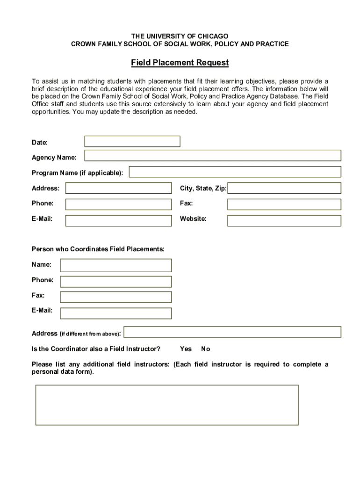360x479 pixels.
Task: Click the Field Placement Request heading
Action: tap(180, 63)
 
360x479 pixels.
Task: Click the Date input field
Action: tap(132, 141)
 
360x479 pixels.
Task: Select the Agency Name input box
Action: tap(212, 156)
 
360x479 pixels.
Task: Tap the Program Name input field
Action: tap(235, 172)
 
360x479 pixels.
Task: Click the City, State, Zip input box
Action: tap(284, 188)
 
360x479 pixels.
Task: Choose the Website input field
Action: tap(284, 220)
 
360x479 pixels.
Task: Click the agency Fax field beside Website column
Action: tap(284, 204)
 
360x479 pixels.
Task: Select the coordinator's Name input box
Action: tap(116, 265)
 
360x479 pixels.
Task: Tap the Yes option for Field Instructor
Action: tap(186, 349)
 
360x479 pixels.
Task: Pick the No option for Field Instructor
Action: tap(206, 349)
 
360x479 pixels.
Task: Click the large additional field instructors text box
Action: tap(167, 405)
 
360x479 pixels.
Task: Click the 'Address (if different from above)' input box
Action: tap(232, 332)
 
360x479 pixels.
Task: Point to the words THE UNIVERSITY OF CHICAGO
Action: tap(180, 36)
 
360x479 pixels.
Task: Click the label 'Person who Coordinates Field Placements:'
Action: tap(98, 249)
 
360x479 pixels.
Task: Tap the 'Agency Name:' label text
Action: tap(54, 158)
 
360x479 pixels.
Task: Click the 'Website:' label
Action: tap(193, 218)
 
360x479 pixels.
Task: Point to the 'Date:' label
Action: tap(40, 142)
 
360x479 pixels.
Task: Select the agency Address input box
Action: tap(118, 188)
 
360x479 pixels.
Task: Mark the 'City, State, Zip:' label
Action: tap(203, 189)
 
